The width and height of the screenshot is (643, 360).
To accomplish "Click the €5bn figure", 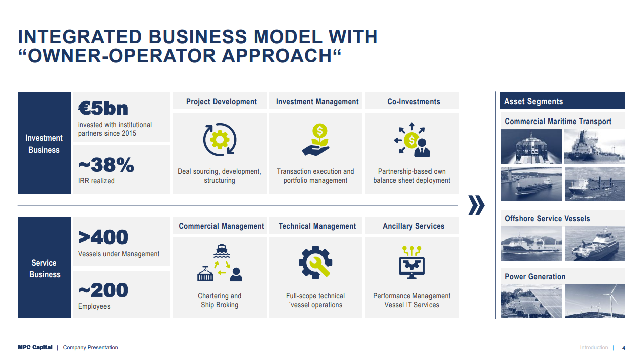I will click(103, 108).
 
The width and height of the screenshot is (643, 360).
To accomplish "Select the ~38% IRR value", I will click(106, 165).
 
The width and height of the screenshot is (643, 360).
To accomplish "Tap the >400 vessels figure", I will click(103, 237).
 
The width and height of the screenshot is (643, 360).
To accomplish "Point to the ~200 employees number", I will click(103, 290).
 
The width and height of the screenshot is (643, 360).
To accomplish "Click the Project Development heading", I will click(222, 101).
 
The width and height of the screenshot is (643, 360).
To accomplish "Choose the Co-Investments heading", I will click(413, 101).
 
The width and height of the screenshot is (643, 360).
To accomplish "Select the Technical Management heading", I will click(317, 226).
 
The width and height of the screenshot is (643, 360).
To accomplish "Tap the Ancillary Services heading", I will click(413, 226).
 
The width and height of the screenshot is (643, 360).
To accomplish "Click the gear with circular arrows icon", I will click(220, 139).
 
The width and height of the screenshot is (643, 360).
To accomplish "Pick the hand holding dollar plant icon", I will click(316, 139).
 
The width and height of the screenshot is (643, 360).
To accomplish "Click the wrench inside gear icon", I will click(315, 262).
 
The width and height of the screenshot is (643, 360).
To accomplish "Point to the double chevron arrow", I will click(476, 205).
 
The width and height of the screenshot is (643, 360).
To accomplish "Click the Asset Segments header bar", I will click(563, 101).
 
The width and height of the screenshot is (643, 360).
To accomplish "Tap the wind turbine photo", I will click(595, 301).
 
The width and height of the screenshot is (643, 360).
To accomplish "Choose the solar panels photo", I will click(531, 301).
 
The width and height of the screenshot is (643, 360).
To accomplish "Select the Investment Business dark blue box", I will click(44, 143).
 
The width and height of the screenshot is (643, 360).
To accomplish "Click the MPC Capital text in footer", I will click(35, 347).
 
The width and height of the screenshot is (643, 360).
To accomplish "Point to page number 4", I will click(624, 348).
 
